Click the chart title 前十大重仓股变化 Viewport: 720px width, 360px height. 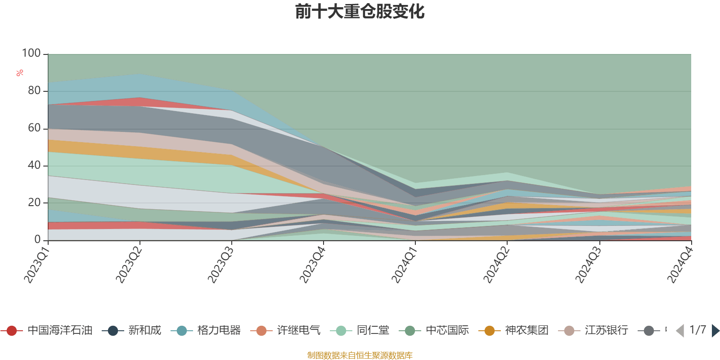(360, 12)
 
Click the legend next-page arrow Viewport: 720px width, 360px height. (715, 331)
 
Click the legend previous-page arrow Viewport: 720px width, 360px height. (680, 331)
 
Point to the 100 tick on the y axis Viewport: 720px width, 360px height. (31, 54)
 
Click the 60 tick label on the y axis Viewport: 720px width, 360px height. (34, 128)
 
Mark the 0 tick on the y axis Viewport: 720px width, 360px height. (38, 240)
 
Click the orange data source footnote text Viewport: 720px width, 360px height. (360, 355)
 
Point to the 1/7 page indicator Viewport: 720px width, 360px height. (697, 330)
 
